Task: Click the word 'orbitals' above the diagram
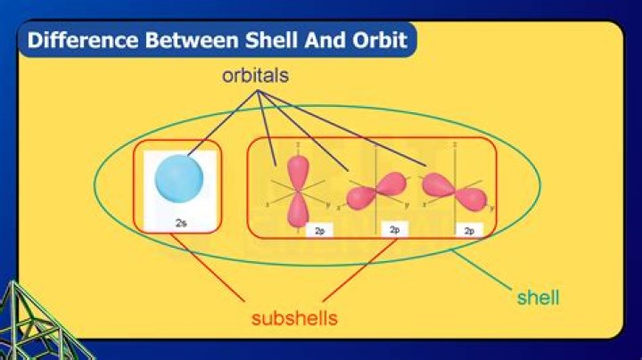[256, 77]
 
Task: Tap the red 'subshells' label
[293, 318]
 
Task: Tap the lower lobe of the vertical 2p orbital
[295, 210]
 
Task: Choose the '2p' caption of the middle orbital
[394, 230]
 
